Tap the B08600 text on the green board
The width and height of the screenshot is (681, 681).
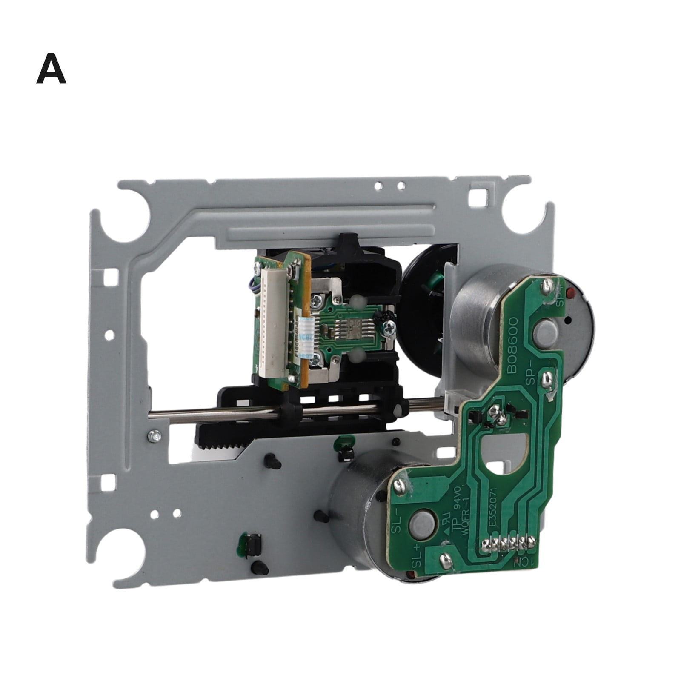click(x=518, y=345)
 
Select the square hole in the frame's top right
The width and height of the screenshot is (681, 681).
click(x=475, y=197)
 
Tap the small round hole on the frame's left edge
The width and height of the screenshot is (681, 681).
click(x=110, y=335)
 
